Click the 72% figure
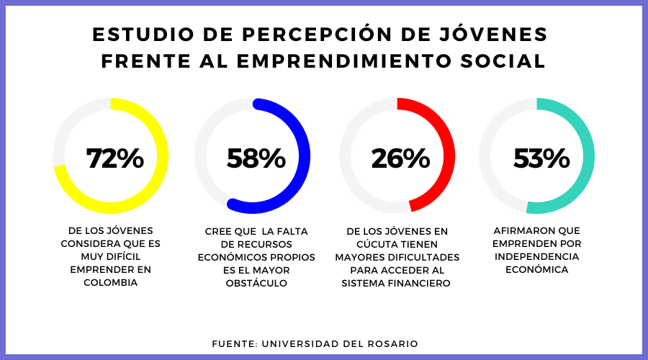(115, 158)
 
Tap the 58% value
(256, 158)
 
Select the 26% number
(400, 158)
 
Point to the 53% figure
(541, 158)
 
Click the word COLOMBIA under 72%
(110, 283)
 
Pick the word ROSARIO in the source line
(392, 344)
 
